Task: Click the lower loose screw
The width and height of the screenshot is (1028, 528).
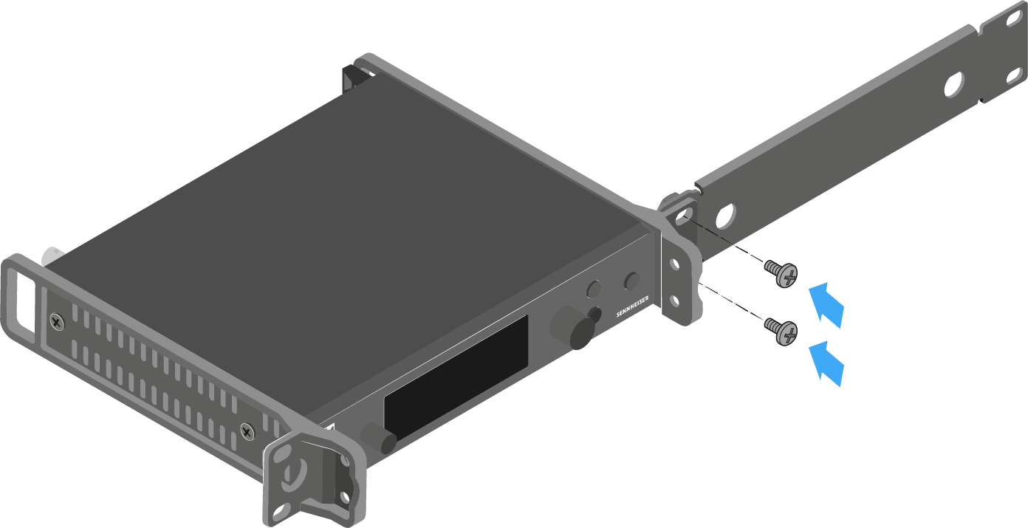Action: [x=781, y=332]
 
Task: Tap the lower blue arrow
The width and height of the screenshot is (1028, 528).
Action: [x=827, y=363]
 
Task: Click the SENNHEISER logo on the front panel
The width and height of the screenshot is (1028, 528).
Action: [x=633, y=306]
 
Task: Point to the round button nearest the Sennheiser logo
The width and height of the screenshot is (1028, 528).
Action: [x=631, y=281]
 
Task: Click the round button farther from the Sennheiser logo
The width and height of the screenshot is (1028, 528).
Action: [x=594, y=289]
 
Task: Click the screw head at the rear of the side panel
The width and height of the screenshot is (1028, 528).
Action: [x=57, y=322]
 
